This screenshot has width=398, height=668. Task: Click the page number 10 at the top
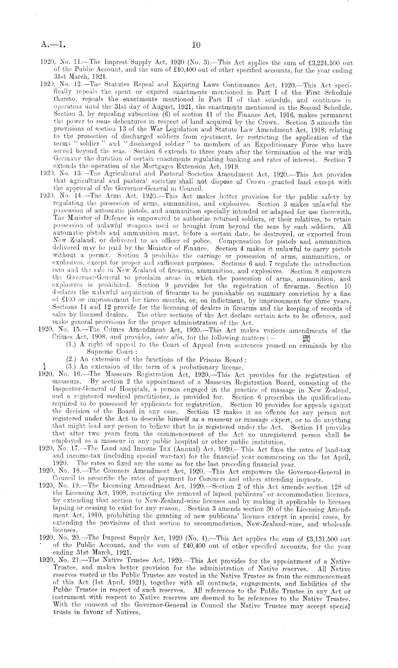[x=196, y=45]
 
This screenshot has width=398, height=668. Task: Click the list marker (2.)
[x=73, y=360]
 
